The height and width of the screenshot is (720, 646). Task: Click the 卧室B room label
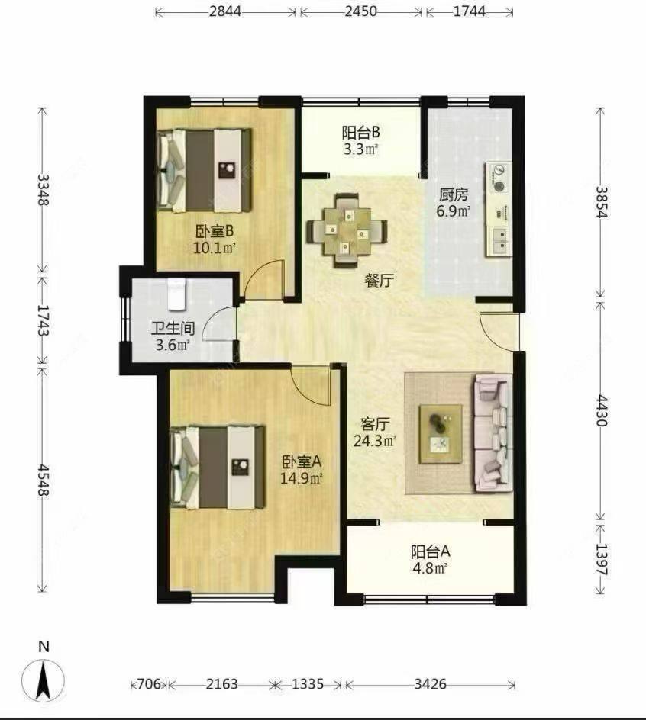pyautogui.click(x=214, y=230)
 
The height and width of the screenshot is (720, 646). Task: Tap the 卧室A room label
pyautogui.click(x=302, y=461)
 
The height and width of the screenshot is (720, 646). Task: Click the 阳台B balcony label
pyautogui.click(x=360, y=130)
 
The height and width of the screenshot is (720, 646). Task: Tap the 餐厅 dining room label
pyautogui.click(x=379, y=281)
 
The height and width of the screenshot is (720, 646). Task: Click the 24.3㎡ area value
pyautogui.click(x=375, y=441)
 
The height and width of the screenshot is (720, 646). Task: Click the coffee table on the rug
pyautogui.click(x=441, y=432)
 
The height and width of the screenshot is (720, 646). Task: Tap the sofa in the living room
pyautogui.click(x=493, y=432)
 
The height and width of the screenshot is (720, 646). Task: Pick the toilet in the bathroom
pyautogui.click(x=176, y=294)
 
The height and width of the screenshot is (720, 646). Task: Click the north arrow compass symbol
pyautogui.click(x=44, y=677)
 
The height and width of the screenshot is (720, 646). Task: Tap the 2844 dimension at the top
pyautogui.click(x=225, y=13)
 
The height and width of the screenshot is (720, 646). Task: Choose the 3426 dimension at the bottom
pyautogui.click(x=431, y=683)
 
